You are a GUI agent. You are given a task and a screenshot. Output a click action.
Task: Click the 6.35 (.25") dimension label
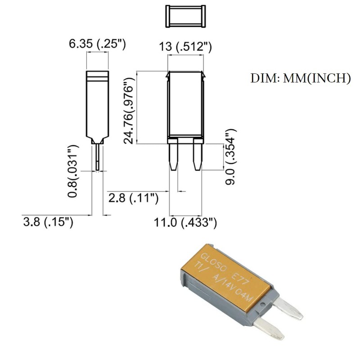pos(97,44)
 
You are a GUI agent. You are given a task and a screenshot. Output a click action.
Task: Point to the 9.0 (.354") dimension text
pos(231,153)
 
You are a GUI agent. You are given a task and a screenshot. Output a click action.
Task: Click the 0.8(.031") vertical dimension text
pos(73,171)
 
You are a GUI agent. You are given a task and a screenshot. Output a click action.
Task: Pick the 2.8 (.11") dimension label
pos(134,198)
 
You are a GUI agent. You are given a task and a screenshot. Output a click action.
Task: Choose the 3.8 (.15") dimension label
pos(48,222)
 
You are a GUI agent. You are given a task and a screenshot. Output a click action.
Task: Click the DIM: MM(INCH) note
pos(300,78)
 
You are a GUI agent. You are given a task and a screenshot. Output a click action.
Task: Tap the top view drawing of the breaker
pos(185,16)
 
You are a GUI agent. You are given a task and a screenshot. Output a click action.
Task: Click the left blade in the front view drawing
pos(174,154)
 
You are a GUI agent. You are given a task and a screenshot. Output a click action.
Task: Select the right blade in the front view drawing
pos(197,154)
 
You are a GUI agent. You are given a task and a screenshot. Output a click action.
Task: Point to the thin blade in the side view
pos(98,157)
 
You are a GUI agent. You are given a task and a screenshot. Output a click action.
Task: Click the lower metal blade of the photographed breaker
pos(268,329)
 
